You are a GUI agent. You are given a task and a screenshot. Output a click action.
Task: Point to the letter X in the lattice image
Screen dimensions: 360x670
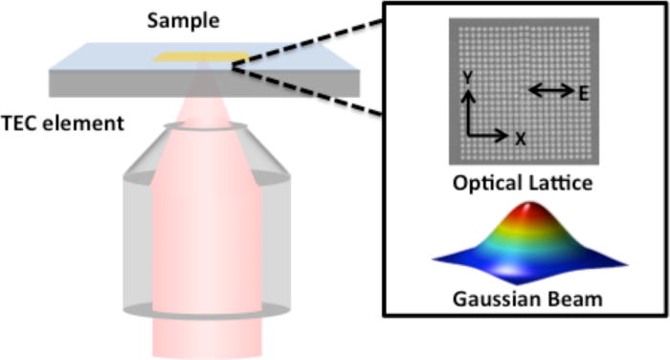tap(520, 138)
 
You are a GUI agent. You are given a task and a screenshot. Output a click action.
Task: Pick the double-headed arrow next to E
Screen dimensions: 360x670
tap(550, 91)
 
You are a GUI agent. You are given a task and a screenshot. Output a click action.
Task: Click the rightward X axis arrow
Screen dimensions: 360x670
tap(487, 136)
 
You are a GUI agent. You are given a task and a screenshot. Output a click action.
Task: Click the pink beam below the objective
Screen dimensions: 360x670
tap(208, 337)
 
